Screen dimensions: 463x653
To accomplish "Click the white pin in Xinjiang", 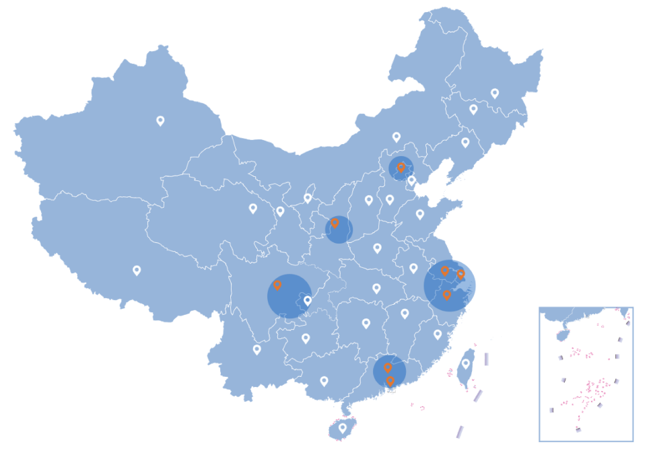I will (x=160, y=120).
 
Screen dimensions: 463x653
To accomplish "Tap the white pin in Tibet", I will (x=137, y=270).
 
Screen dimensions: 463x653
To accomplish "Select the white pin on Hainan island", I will (x=342, y=427).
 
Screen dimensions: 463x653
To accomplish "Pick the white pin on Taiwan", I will (x=465, y=363).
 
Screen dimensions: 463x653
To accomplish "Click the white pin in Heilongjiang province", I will (x=495, y=93).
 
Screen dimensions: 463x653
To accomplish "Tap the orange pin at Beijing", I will (x=401, y=167).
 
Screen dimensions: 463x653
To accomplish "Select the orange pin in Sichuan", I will (x=277, y=285).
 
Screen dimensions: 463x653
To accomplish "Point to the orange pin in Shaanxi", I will (x=335, y=222).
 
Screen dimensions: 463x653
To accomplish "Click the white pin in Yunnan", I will (x=256, y=349).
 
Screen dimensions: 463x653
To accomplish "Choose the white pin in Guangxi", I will (x=324, y=381).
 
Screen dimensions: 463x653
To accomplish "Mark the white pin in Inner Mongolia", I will (x=397, y=137).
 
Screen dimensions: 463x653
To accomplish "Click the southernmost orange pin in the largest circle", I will (x=446, y=295).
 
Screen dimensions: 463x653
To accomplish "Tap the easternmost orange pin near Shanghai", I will (x=460, y=274).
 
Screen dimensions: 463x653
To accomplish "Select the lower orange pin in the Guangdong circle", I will (x=390, y=381).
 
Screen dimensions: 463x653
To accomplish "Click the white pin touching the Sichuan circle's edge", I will (x=308, y=300).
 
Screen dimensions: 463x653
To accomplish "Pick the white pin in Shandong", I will (x=420, y=214).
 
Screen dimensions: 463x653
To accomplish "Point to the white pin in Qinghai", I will (x=253, y=208).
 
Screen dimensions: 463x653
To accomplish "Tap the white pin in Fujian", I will (x=438, y=334).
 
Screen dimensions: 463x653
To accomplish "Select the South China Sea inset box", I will (x=586, y=374).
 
